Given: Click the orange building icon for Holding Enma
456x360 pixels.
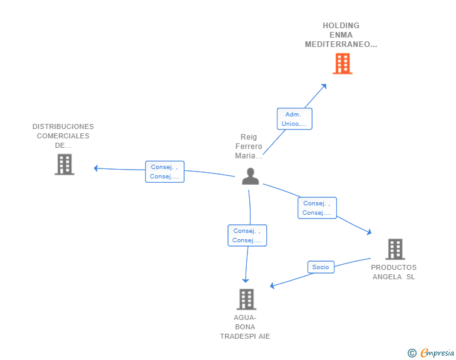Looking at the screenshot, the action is coord(343,63).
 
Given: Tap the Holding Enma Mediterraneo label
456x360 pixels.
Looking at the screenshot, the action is coord(341,35).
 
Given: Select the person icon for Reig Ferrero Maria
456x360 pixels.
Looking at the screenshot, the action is coord(251,176).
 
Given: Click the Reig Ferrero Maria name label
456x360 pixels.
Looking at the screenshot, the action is coord(249,147).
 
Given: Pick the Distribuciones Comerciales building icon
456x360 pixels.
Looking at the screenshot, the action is coord(65,164).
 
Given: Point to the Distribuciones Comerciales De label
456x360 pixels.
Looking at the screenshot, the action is coord(63,136).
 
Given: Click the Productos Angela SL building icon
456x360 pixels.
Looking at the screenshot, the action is coord(395,249).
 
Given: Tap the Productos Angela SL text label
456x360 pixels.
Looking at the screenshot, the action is coord(394,272).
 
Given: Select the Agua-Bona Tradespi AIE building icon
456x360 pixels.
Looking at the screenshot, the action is coord(246,299).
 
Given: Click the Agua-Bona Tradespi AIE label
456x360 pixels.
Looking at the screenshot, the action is coord(245,327).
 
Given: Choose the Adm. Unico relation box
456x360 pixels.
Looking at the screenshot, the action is coord(294,118).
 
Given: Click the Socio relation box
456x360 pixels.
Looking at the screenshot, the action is coord(321,267).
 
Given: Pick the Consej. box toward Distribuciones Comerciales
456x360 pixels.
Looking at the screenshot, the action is coord(165,172).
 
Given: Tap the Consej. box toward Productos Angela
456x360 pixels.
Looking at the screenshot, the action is coord(317,208).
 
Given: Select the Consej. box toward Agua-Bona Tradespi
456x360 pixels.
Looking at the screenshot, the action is coord(247,235).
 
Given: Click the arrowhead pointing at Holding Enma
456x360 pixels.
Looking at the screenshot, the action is coord(324,86).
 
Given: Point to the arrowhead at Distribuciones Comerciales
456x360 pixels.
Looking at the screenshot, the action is coord(96,168).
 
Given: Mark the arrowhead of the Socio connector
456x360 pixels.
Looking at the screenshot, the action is coord(272,285).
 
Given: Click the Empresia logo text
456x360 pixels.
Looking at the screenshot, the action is coord(437,352).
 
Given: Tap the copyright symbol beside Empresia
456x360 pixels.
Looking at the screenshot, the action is coord(412,353).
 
